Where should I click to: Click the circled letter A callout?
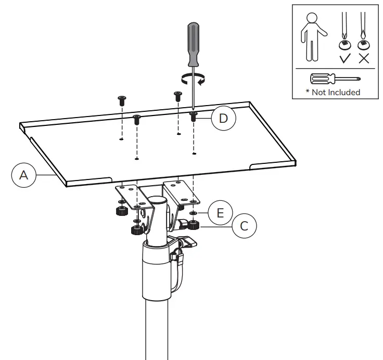(x=23, y=175)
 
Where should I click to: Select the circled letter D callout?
(x=223, y=118)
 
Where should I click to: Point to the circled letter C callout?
(x=244, y=226)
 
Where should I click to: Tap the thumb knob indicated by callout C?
(x=195, y=225)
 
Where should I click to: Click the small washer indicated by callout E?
(x=194, y=213)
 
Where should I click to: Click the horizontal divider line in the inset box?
(x=336, y=68)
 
